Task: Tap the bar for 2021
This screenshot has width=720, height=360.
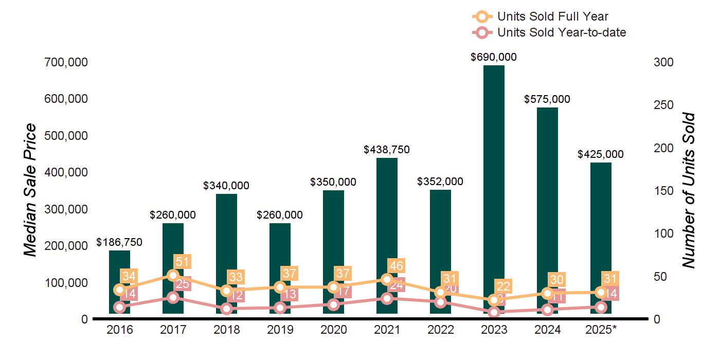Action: (x=387, y=216)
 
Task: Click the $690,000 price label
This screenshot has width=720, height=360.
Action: (x=494, y=57)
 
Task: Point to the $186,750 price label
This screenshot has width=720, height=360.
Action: (x=119, y=242)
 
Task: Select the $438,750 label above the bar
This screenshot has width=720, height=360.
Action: (x=387, y=150)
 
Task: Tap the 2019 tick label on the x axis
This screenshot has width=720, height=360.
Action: (x=280, y=330)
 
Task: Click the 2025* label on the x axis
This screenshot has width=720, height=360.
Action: (x=601, y=330)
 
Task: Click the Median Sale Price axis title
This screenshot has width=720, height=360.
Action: (x=31, y=190)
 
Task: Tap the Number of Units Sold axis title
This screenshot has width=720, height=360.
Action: (x=689, y=190)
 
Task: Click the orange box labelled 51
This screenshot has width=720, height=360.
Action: (x=183, y=261)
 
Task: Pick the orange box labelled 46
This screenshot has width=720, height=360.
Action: (x=397, y=266)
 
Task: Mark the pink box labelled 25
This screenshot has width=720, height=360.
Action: (x=183, y=283)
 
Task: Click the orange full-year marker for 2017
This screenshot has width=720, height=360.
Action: (x=173, y=275)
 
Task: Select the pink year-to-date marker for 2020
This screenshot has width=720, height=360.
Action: (x=333, y=304)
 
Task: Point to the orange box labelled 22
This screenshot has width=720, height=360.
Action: (x=503, y=286)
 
